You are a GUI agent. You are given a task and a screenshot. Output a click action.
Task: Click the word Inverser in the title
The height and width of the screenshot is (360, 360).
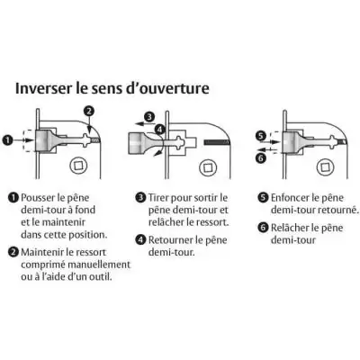click(46, 90)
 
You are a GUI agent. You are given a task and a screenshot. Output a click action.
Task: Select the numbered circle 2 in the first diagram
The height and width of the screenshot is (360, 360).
click(88, 112)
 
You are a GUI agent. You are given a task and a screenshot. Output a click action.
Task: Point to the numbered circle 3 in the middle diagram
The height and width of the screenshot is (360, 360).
click(149, 116)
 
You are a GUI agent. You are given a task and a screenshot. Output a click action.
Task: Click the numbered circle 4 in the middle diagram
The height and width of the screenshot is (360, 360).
click(158, 129)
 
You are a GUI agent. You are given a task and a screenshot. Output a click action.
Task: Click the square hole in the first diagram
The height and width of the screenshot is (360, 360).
click(74, 166)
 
